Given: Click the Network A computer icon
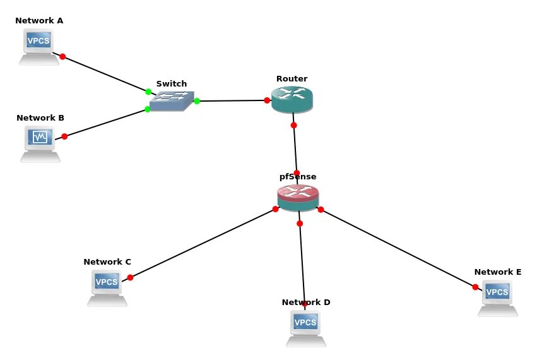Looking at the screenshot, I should [38, 46].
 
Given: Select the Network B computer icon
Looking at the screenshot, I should [40, 143].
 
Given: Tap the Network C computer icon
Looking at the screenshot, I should [107, 287].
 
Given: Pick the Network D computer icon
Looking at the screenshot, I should [305, 328].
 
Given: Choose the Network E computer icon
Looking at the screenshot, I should [497, 297].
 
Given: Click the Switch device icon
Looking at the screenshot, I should [172, 101].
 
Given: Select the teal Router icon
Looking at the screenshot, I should [292, 100].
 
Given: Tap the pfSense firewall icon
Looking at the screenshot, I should [298, 198].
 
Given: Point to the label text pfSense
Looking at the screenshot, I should [298, 177].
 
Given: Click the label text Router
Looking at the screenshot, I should [292, 79].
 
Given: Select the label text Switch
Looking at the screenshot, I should [172, 83].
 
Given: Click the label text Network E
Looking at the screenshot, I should [497, 272].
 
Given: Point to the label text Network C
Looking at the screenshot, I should [107, 261].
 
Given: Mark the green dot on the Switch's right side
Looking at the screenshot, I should [197, 101].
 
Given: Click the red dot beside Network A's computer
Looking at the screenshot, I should [62, 57].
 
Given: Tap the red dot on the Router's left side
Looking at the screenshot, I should [268, 100].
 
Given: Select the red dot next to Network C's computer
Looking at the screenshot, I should [130, 277].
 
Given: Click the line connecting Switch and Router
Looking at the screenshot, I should [232, 100].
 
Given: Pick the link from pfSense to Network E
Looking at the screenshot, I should [398, 248].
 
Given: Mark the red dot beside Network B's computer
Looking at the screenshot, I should [64, 136].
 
